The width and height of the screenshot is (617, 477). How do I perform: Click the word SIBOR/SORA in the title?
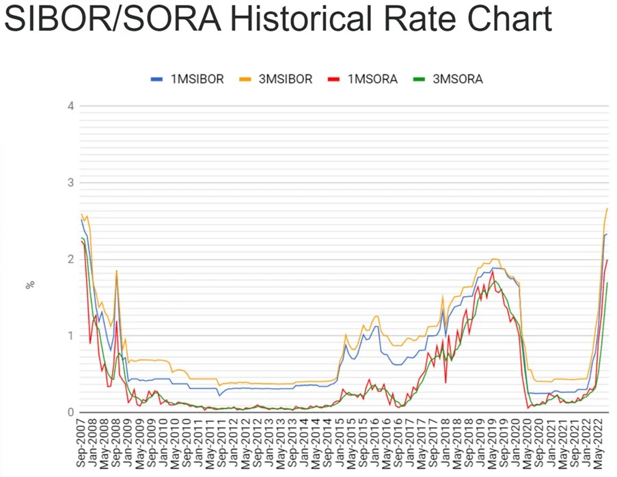[x=112, y=20]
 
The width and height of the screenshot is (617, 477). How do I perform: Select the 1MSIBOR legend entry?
[x=187, y=79]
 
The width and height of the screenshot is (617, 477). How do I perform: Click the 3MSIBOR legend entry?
[x=277, y=79]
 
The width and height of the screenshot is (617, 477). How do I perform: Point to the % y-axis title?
[x=29, y=284]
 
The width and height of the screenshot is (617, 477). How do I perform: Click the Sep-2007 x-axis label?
[x=81, y=444]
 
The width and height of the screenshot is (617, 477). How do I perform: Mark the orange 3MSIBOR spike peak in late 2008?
[x=117, y=271]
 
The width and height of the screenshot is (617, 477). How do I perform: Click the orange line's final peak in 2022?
[x=607, y=208]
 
